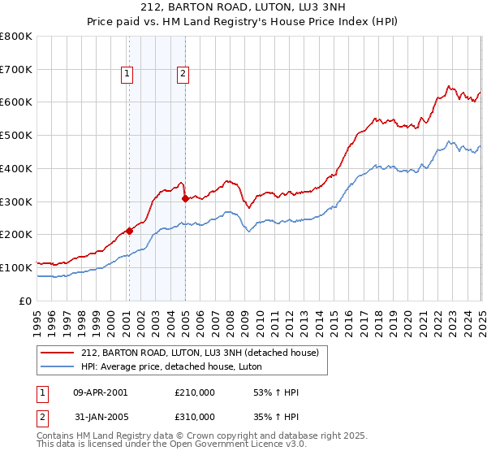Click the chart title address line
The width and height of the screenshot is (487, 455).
[243, 9]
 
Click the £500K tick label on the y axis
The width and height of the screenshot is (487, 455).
[16, 136]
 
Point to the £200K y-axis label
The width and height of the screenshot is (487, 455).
[16, 235]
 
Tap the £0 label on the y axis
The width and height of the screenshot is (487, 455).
[27, 301]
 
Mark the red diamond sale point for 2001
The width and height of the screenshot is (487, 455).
[129, 231]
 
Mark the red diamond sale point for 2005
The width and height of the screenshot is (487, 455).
[186, 197]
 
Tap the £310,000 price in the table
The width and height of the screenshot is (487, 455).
[194, 416]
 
